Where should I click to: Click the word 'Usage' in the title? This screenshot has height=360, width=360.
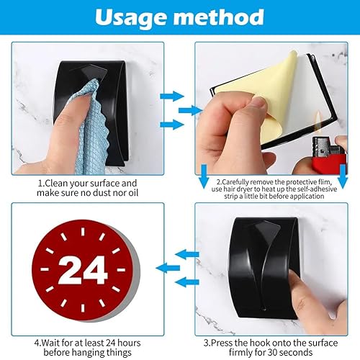tap(131, 18)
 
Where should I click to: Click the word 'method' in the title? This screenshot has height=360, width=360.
tap(219, 17)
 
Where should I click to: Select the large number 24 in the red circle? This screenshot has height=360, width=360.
tap(83, 270)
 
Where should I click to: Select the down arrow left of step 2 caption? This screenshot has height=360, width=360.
tap(204, 176)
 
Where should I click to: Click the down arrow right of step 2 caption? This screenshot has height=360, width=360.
tap(343, 176)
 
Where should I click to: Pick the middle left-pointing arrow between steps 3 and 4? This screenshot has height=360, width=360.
tap(168, 268)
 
